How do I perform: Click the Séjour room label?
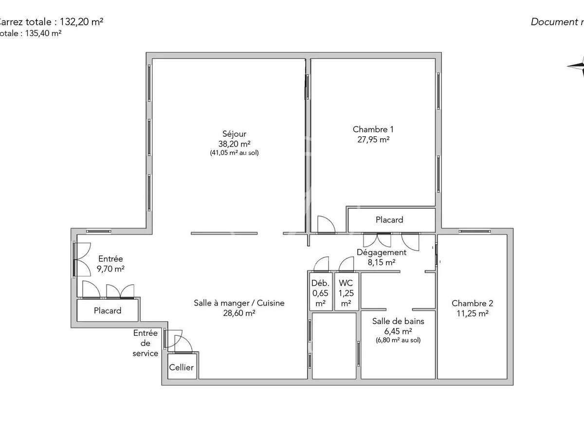click(x=234, y=134)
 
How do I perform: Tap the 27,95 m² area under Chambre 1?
click(x=373, y=139)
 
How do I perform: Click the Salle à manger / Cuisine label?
click(x=239, y=303)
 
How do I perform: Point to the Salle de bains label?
click(x=398, y=321)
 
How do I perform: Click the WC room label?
click(x=346, y=283)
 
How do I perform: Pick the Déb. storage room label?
click(x=320, y=283)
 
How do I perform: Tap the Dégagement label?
click(x=382, y=252)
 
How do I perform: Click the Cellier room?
click(x=181, y=367)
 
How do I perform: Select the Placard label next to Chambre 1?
click(x=389, y=220)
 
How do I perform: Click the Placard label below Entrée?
click(x=108, y=310)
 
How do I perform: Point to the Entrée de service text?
click(x=146, y=343)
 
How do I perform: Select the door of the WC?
click(x=347, y=264)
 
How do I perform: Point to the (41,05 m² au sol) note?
click(x=234, y=153)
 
